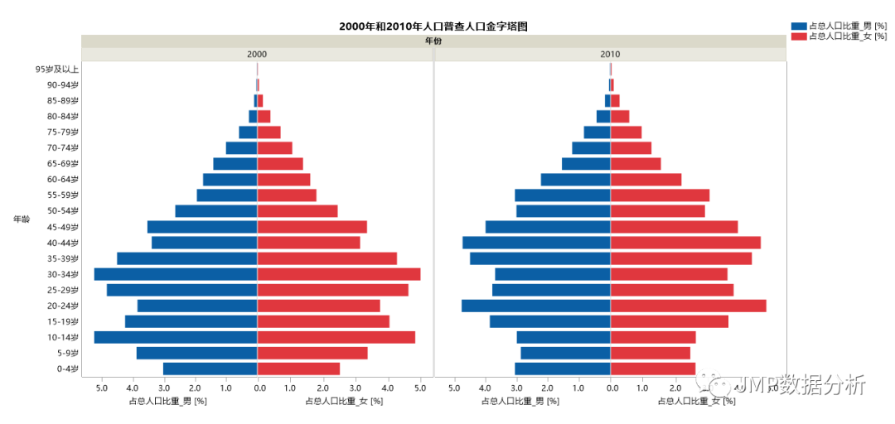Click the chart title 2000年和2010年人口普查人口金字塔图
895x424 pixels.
433,26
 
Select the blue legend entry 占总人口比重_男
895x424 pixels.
840,26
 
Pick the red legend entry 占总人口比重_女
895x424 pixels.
840,36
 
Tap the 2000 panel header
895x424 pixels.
257,55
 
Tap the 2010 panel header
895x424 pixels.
610,55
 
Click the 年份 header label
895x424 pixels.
433,41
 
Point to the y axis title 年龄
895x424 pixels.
22,219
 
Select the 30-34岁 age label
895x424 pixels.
63,274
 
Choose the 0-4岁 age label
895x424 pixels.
67,369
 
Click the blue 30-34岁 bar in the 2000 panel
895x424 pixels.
176,274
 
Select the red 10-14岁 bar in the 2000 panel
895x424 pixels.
336,337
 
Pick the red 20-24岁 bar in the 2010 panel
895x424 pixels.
688,306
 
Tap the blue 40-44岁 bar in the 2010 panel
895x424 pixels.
536,243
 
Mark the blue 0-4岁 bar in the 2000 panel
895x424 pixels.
210,369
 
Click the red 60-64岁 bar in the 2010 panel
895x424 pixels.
646,180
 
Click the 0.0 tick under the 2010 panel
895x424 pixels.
611,387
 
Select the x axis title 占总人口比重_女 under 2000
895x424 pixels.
344,401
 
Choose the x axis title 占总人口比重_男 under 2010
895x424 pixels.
520,401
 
